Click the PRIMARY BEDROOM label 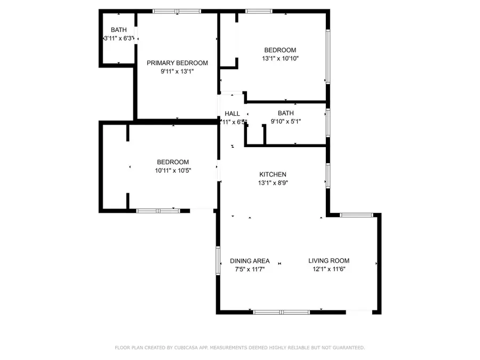[177, 63]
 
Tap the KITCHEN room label [273, 174]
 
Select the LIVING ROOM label [329, 261]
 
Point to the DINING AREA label [250, 261]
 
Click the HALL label [232, 114]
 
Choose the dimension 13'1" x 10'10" [280, 59]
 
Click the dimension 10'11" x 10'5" [172, 171]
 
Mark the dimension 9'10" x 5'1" [285, 122]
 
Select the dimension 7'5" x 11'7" [250, 269]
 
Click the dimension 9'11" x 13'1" [177, 71]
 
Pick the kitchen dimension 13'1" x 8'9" [273, 183]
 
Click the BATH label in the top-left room [118, 30]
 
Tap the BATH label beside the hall [285, 113]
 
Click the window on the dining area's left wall [218, 261]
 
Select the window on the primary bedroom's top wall [177, 11]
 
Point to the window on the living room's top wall [356, 215]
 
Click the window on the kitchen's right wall [328, 175]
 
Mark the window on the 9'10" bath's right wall [328, 121]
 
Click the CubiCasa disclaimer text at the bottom [240, 348]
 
